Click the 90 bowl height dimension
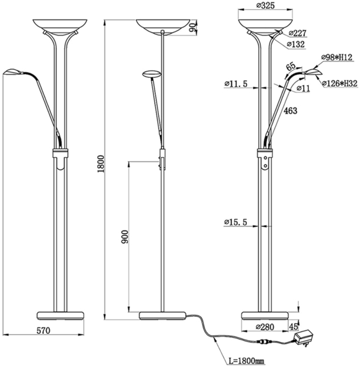193,28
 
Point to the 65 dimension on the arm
291,66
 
